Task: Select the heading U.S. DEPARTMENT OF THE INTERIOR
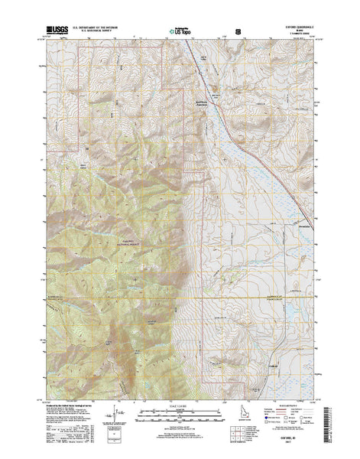(96, 28)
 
